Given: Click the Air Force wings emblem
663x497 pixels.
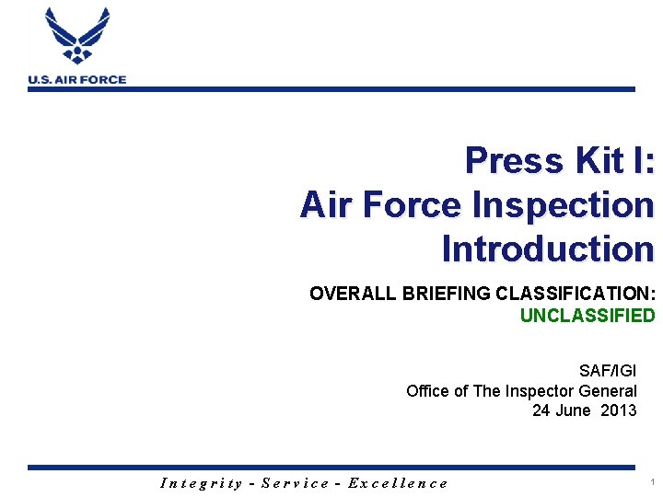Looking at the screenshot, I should [x=77, y=37].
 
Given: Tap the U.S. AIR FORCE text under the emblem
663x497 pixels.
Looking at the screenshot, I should [x=77, y=80].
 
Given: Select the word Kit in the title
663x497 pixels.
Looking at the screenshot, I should [x=600, y=160].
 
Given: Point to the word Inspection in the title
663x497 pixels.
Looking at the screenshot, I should [x=563, y=204].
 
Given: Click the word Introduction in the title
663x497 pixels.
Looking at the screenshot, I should [x=548, y=248].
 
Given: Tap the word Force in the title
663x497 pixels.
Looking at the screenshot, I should [x=413, y=204].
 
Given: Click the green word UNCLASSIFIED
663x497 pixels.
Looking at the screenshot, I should [x=587, y=316].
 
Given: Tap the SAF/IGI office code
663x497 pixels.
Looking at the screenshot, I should [x=608, y=371].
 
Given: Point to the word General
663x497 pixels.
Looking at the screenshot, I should [x=605, y=390].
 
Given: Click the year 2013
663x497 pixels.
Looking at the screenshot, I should [x=618, y=410].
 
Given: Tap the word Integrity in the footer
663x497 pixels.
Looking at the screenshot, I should [x=202, y=482].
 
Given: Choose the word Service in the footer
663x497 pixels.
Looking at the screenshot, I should [x=296, y=482].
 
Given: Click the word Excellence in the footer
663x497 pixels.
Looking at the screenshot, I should [x=398, y=482].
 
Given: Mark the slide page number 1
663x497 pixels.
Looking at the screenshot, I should [x=652, y=481].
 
